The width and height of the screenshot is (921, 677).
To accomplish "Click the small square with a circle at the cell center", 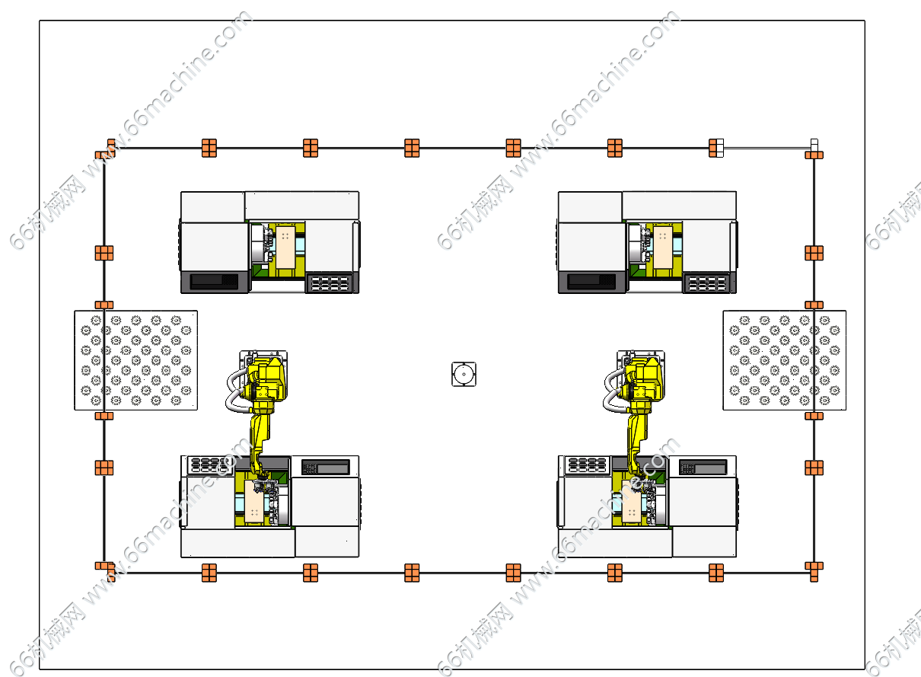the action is coord(464,374).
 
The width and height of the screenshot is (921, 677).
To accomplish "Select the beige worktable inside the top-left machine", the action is coord(285,247).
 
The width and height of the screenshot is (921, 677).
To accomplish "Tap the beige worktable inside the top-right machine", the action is coord(663,247).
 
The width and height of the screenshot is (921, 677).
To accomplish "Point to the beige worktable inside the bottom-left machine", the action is coord(254,502).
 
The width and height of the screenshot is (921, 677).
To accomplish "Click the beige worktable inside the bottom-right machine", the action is coord(632,502).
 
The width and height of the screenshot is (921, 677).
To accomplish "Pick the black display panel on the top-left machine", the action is coord(214,280).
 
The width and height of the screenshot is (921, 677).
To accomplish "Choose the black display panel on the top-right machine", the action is coord(591,280).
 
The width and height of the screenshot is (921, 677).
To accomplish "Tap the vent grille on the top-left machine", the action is coord(330,283).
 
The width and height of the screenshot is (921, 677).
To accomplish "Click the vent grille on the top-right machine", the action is coord(707,283).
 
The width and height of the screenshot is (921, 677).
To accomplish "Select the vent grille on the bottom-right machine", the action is coord(587,465).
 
